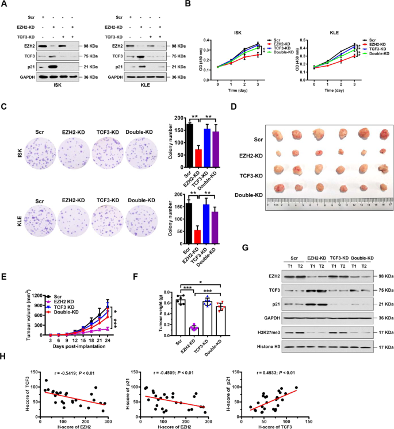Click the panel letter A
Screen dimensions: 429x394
5,5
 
